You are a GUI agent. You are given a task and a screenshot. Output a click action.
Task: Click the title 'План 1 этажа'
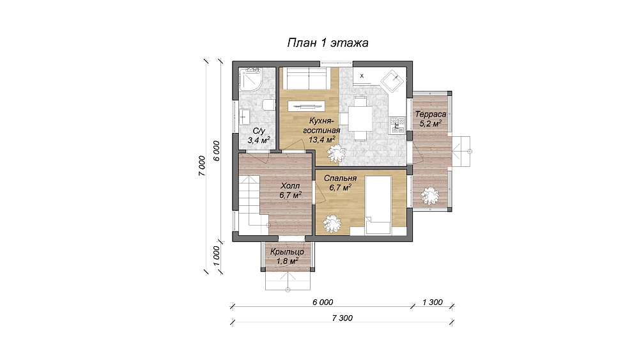(x=328, y=43)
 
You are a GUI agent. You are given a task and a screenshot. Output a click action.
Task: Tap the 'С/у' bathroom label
(x=259, y=131)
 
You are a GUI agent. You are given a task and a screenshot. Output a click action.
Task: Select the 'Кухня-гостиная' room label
(x=321, y=125)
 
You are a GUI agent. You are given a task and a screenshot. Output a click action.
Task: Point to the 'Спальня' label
(x=341, y=178)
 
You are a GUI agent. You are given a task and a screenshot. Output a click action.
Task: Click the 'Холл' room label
(x=290, y=186)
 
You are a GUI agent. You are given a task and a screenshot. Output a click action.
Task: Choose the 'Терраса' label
(x=431, y=114)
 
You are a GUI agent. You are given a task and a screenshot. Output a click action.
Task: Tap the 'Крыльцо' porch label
(x=288, y=251)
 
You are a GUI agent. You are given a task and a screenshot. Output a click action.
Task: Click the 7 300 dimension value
(x=343, y=318)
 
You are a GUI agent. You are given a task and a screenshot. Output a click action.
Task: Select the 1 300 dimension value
(x=433, y=302)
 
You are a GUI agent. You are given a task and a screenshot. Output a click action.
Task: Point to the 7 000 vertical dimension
(x=202, y=166)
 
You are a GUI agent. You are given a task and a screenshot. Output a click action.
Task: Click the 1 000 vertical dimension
(x=217, y=256)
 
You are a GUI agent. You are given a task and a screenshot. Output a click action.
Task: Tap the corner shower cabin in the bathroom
(x=250, y=79)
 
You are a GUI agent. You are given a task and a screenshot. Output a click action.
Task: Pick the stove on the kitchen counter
(x=397, y=124)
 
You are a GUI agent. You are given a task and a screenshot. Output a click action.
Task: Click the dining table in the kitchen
(x=359, y=118)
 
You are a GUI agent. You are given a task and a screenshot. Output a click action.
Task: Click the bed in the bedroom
(x=379, y=205)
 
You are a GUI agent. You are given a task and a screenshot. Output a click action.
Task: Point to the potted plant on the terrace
(x=430, y=196)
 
